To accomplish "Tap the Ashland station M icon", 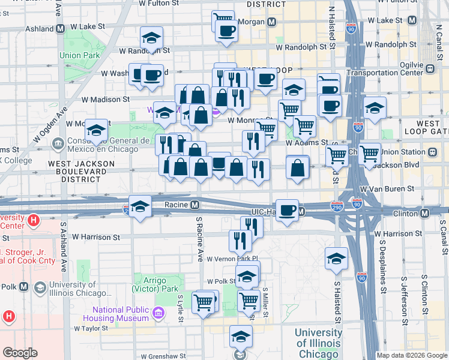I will pyautogui.click(x=61, y=29).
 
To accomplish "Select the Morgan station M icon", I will pyautogui.click(x=272, y=22).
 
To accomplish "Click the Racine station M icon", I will pyautogui.click(x=195, y=205).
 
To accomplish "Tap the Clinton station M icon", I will pyautogui.click(x=425, y=213).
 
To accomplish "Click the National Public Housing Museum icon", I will pyautogui.click(x=158, y=313).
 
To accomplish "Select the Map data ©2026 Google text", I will pyautogui.click(x=412, y=355).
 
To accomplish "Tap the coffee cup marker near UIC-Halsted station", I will pyautogui.click(x=288, y=210).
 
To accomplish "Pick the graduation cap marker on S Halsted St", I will pyautogui.click(x=336, y=258).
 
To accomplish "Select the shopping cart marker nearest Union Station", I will pyautogui.click(x=369, y=154).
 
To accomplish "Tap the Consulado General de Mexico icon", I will pyautogui.click(x=58, y=143).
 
